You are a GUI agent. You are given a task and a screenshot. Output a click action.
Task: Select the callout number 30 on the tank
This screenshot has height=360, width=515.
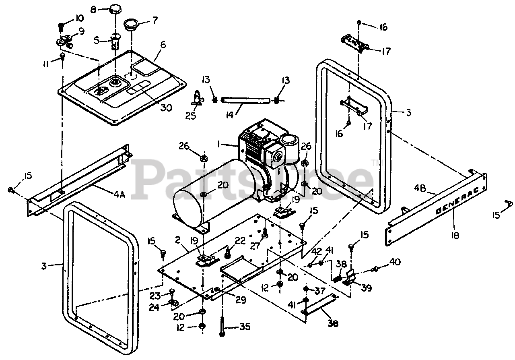click(x=166, y=108)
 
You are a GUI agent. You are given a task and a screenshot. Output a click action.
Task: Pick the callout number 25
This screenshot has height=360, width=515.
click(x=192, y=116)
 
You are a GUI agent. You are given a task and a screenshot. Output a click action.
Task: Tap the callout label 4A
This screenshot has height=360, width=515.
click(x=119, y=195)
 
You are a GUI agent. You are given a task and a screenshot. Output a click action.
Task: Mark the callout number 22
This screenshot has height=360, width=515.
click(x=240, y=240)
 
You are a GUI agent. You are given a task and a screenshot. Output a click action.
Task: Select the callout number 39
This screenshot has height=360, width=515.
click(x=367, y=288)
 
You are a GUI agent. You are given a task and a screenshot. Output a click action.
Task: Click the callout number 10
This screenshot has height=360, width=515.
click(x=79, y=18)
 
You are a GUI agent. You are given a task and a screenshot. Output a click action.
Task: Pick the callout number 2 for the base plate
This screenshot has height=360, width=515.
click(x=177, y=240)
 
